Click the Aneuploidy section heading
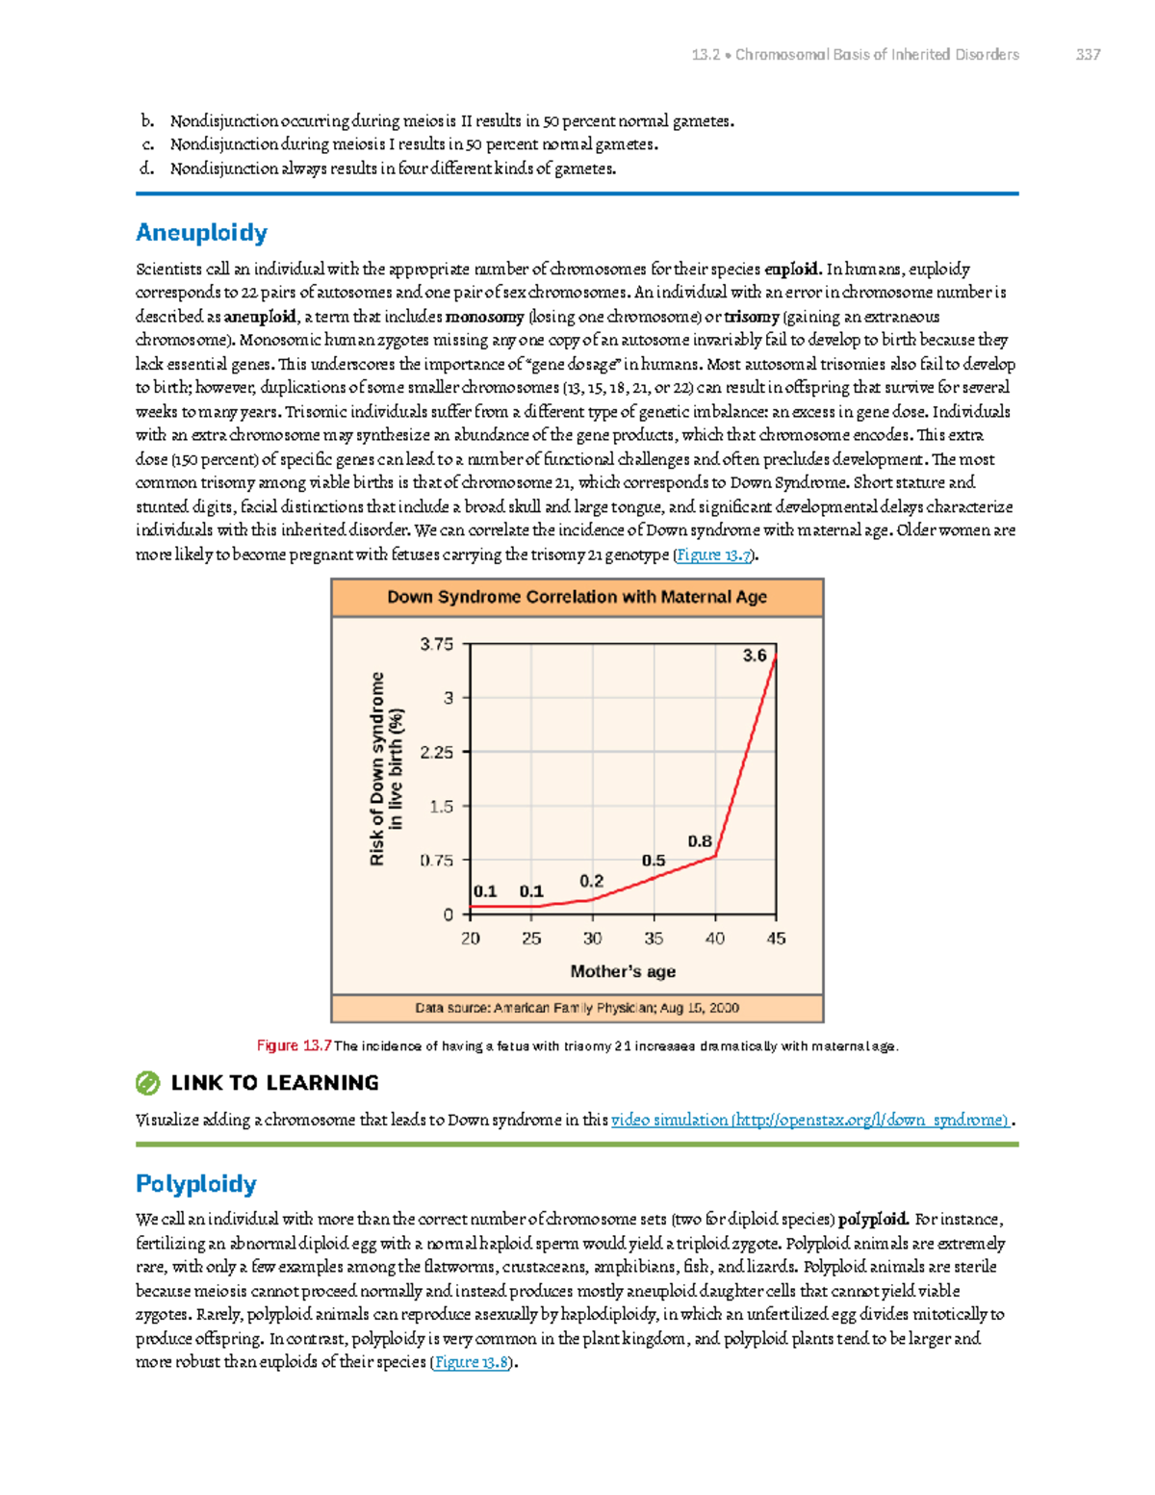pyautogui.click(x=201, y=233)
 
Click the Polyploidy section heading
pyautogui.click(x=196, y=1184)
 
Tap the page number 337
pyautogui.click(x=1088, y=55)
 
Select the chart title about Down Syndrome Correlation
pyautogui.click(x=577, y=597)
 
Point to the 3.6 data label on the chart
pyautogui.click(x=755, y=656)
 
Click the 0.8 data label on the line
pyautogui.click(x=700, y=841)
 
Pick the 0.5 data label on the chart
pyautogui.click(x=654, y=861)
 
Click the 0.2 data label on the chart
pyautogui.click(x=591, y=881)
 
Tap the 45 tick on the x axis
pyautogui.click(x=776, y=939)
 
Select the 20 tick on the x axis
pyautogui.click(x=471, y=939)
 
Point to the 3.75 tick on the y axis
pyautogui.click(x=437, y=644)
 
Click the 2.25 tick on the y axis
pyautogui.click(x=437, y=752)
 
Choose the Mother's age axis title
pyautogui.click(x=623, y=971)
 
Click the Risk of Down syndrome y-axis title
pyautogui.click(x=387, y=768)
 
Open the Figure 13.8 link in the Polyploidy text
pyautogui.click(x=472, y=1362)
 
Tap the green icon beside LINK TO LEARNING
pyautogui.click(x=147, y=1084)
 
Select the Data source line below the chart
pyautogui.click(x=577, y=1008)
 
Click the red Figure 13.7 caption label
pyautogui.click(x=294, y=1045)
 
